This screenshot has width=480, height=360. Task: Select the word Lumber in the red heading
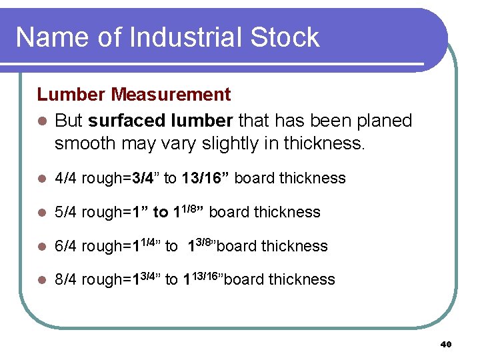(72, 95)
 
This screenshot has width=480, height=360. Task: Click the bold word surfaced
(127, 121)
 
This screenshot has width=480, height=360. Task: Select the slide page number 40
(446, 344)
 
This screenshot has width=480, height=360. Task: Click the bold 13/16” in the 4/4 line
(205, 178)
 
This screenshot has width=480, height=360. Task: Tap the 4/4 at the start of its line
(65, 178)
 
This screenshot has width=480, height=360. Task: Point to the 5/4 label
(65, 212)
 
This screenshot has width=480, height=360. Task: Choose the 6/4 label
(65, 246)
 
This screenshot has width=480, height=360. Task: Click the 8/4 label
(65, 279)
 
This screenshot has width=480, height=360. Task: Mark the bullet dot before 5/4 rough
(41, 213)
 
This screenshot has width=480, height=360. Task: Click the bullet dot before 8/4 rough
(41, 280)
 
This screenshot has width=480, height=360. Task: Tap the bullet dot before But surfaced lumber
(41, 121)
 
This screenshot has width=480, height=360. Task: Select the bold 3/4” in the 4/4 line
(145, 178)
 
